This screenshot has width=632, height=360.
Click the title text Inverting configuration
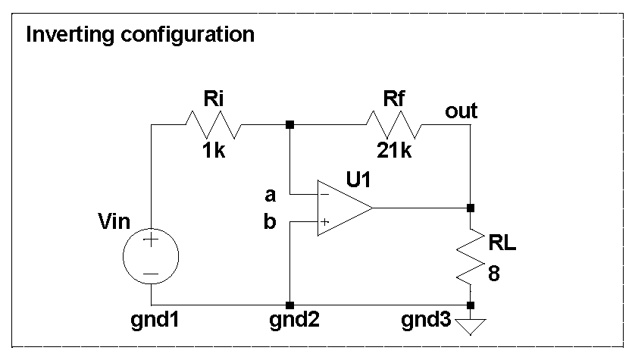click(140, 34)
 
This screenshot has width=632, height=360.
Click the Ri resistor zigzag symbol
click(214, 124)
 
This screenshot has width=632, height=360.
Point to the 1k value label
click(214, 150)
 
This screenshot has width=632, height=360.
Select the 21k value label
click(394, 150)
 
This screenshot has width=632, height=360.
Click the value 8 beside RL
click(494, 274)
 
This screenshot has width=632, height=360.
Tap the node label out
click(461, 111)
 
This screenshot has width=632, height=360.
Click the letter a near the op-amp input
click(270, 195)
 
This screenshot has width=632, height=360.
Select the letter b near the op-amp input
click(270, 225)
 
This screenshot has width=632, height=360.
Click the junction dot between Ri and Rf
click(289, 124)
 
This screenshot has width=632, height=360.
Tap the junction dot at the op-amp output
click(470, 208)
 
